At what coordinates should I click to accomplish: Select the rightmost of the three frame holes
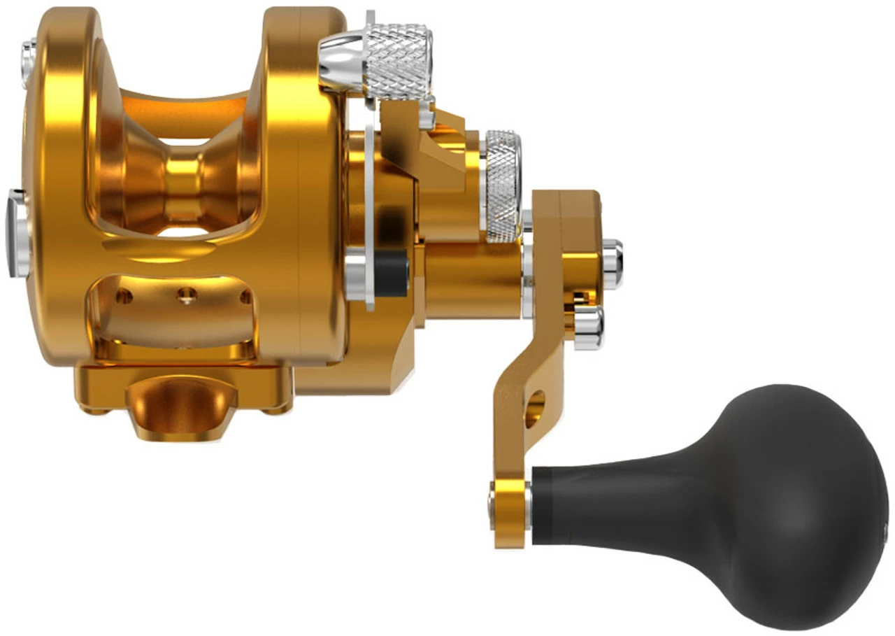pos(245,297)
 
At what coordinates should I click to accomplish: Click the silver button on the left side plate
pos(17,234)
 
